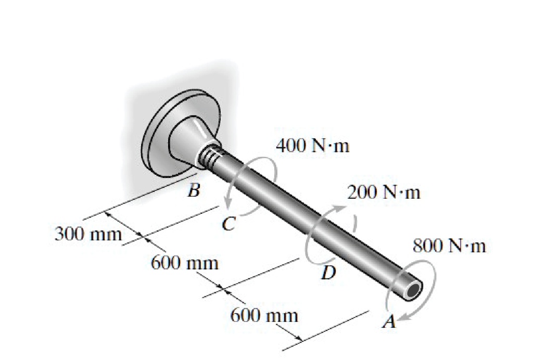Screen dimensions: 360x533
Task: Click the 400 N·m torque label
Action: (313, 146)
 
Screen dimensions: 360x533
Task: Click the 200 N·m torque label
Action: (384, 193)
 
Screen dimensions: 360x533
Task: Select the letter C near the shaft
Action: (228, 224)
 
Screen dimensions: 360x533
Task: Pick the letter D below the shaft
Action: (328, 272)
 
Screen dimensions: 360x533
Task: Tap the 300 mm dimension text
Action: (88, 234)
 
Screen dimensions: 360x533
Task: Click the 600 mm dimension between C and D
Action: (184, 262)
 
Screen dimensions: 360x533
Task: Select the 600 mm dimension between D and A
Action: (264, 315)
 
